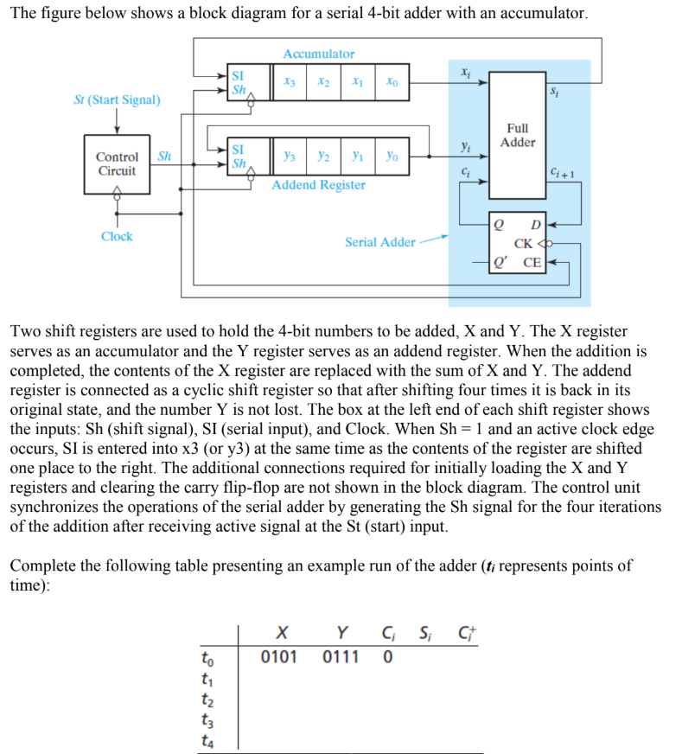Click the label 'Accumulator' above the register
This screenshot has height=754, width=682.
tap(318, 54)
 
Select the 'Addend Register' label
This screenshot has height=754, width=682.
tap(318, 185)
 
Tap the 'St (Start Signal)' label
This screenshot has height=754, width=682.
tap(117, 99)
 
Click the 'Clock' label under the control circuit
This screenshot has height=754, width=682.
tap(117, 236)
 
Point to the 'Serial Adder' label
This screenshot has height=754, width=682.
tap(379, 242)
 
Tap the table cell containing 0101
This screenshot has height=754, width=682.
tap(279, 656)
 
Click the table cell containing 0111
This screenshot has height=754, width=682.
tap(341, 656)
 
